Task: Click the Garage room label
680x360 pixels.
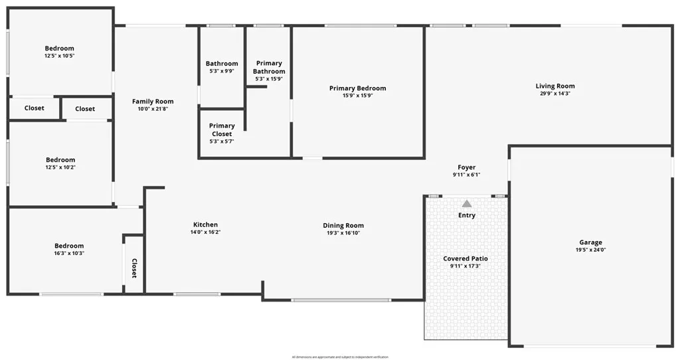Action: tap(590, 242)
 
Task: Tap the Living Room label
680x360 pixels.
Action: tap(555, 86)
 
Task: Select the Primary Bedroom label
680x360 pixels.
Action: tap(357, 88)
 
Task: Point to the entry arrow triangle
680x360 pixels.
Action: tap(467, 204)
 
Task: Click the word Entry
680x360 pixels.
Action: tap(467, 215)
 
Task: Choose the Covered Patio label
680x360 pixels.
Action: tap(466, 258)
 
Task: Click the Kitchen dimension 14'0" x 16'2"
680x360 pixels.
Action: tap(205, 232)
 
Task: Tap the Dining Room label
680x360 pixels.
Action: tap(343, 225)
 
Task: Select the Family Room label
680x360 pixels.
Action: tap(153, 102)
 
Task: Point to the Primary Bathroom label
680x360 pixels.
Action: tap(269, 67)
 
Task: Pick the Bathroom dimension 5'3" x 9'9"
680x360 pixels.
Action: tap(222, 71)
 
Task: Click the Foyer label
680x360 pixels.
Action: tap(467, 167)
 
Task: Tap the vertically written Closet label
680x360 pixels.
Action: tap(134, 268)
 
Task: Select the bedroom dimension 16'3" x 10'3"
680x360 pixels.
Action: tap(69, 254)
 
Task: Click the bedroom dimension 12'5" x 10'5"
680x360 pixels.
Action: tap(60, 56)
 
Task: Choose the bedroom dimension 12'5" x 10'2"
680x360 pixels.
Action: tap(60, 167)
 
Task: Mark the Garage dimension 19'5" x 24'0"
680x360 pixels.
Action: tap(590, 250)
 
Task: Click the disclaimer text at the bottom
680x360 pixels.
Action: tap(340, 357)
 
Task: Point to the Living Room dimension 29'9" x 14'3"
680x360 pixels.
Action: tap(555, 94)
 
